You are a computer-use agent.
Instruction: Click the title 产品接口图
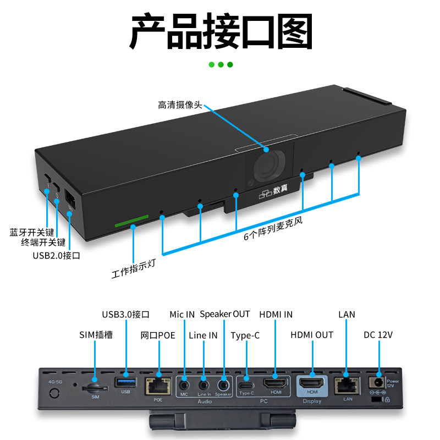[x=221, y=31]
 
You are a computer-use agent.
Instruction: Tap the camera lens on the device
[x=266, y=167]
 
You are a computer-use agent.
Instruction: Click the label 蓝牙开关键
[x=32, y=232]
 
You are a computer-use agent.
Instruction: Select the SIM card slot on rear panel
[x=95, y=387]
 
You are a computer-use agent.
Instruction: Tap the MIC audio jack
[x=184, y=383]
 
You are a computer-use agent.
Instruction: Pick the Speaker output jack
[x=223, y=383]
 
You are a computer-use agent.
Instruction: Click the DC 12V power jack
[x=378, y=382]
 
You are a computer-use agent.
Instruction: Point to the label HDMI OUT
[x=312, y=335]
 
